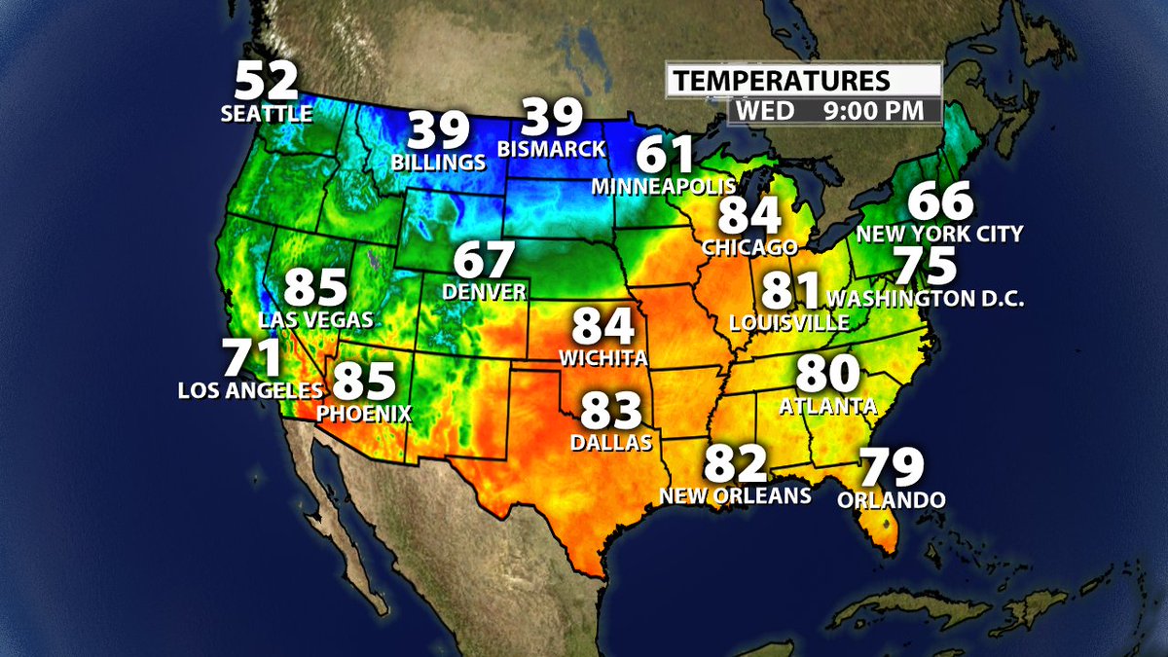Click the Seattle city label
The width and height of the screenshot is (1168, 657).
coord(267,114)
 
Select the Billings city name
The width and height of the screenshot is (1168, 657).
coord(438,161)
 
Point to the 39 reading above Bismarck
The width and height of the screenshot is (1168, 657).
coord(552,119)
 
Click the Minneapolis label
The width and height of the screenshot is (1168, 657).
coord(663,185)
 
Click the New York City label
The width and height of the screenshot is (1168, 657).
coord(939,234)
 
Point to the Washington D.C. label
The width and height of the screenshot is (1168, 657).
coord(925,298)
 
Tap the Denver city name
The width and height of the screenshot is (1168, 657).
coord(484,291)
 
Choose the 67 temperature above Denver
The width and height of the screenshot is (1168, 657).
coord(484,261)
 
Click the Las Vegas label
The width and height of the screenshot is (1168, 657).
coord(316,318)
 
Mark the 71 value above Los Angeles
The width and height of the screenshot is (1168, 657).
coord(251,359)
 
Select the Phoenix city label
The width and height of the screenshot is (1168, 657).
coord(364,413)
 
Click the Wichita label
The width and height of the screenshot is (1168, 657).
coord(603,358)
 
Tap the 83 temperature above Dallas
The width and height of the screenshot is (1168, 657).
coord(612,412)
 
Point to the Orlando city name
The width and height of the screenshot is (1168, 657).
coord(892,500)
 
